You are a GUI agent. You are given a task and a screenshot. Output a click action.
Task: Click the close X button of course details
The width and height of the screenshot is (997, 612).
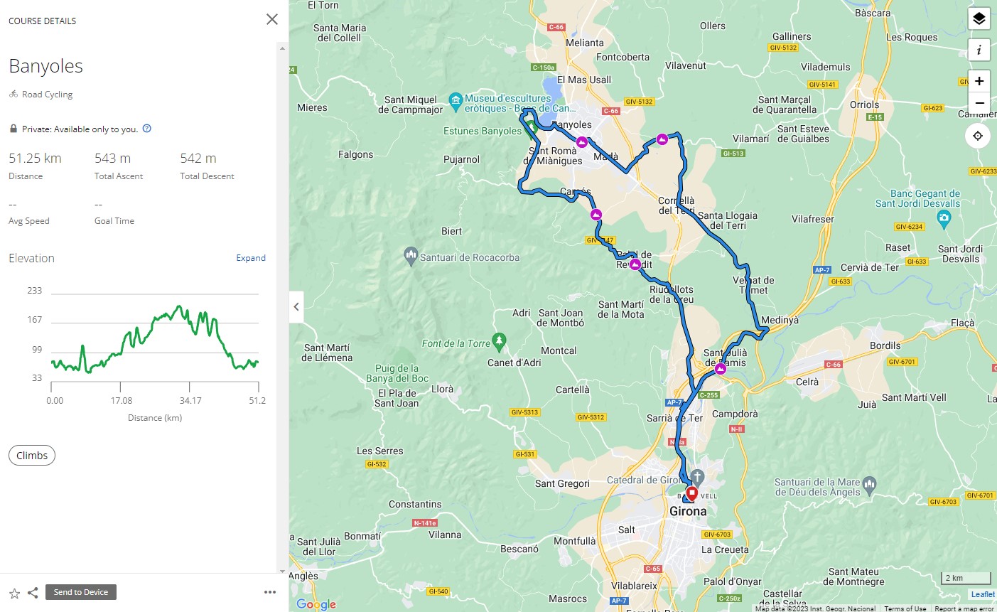coord(271,19)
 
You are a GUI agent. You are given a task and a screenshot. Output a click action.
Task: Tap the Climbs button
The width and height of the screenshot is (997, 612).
coord(32,456)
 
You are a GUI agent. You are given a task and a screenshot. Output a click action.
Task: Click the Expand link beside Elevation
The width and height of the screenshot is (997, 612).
coord(251,258)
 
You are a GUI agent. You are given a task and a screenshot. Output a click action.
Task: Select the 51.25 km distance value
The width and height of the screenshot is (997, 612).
coord(35,159)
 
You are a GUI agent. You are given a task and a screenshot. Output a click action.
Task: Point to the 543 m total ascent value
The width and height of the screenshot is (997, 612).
coord(112,159)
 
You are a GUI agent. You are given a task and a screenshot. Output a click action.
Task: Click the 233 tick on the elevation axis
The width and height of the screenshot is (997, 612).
coord(35,291)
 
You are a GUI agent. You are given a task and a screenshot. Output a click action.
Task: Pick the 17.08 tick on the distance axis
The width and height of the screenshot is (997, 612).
coord(122,401)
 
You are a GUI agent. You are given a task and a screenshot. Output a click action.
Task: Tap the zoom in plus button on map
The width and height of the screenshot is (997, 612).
coord(979,81)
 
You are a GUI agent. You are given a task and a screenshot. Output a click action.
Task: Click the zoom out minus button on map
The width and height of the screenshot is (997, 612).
coord(979,103)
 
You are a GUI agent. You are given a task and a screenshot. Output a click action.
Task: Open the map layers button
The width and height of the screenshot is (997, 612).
coord(979,19)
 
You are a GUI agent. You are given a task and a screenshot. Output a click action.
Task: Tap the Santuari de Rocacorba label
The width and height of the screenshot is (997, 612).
coord(470,258)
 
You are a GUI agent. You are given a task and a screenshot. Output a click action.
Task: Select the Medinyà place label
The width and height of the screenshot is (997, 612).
coord(780,320)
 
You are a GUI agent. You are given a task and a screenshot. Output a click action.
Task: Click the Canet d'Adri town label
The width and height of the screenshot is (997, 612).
coord(514,363)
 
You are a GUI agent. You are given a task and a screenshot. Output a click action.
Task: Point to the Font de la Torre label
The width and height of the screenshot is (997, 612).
coord(456,343)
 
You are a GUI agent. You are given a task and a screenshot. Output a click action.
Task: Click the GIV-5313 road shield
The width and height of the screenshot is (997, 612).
coord(524,412)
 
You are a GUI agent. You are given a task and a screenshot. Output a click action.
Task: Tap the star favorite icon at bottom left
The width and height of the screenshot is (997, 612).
coord(14,593)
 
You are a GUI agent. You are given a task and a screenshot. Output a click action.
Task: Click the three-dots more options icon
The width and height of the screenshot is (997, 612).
coord(269,592)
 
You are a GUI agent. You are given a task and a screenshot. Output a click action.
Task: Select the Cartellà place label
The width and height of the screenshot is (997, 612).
coord(573,390)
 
